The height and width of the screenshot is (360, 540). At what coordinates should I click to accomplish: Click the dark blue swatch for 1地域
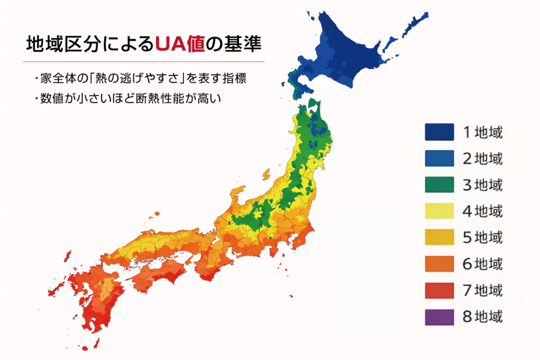(439, 132)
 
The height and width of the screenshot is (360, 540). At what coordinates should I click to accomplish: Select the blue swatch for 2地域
(439, 158)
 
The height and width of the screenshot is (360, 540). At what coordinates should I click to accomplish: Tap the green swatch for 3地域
(439, 184)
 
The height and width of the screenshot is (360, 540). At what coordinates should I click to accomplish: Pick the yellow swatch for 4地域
(439, 211)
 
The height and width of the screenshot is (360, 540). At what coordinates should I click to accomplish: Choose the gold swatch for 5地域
(439, 237)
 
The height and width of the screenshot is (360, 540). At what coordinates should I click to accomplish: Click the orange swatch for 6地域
(439, 264)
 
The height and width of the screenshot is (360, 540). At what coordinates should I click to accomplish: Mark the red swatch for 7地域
(439, 290)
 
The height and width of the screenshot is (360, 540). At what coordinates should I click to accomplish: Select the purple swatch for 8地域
(439, 317)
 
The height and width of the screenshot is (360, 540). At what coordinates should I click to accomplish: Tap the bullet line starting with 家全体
(140, 80)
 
